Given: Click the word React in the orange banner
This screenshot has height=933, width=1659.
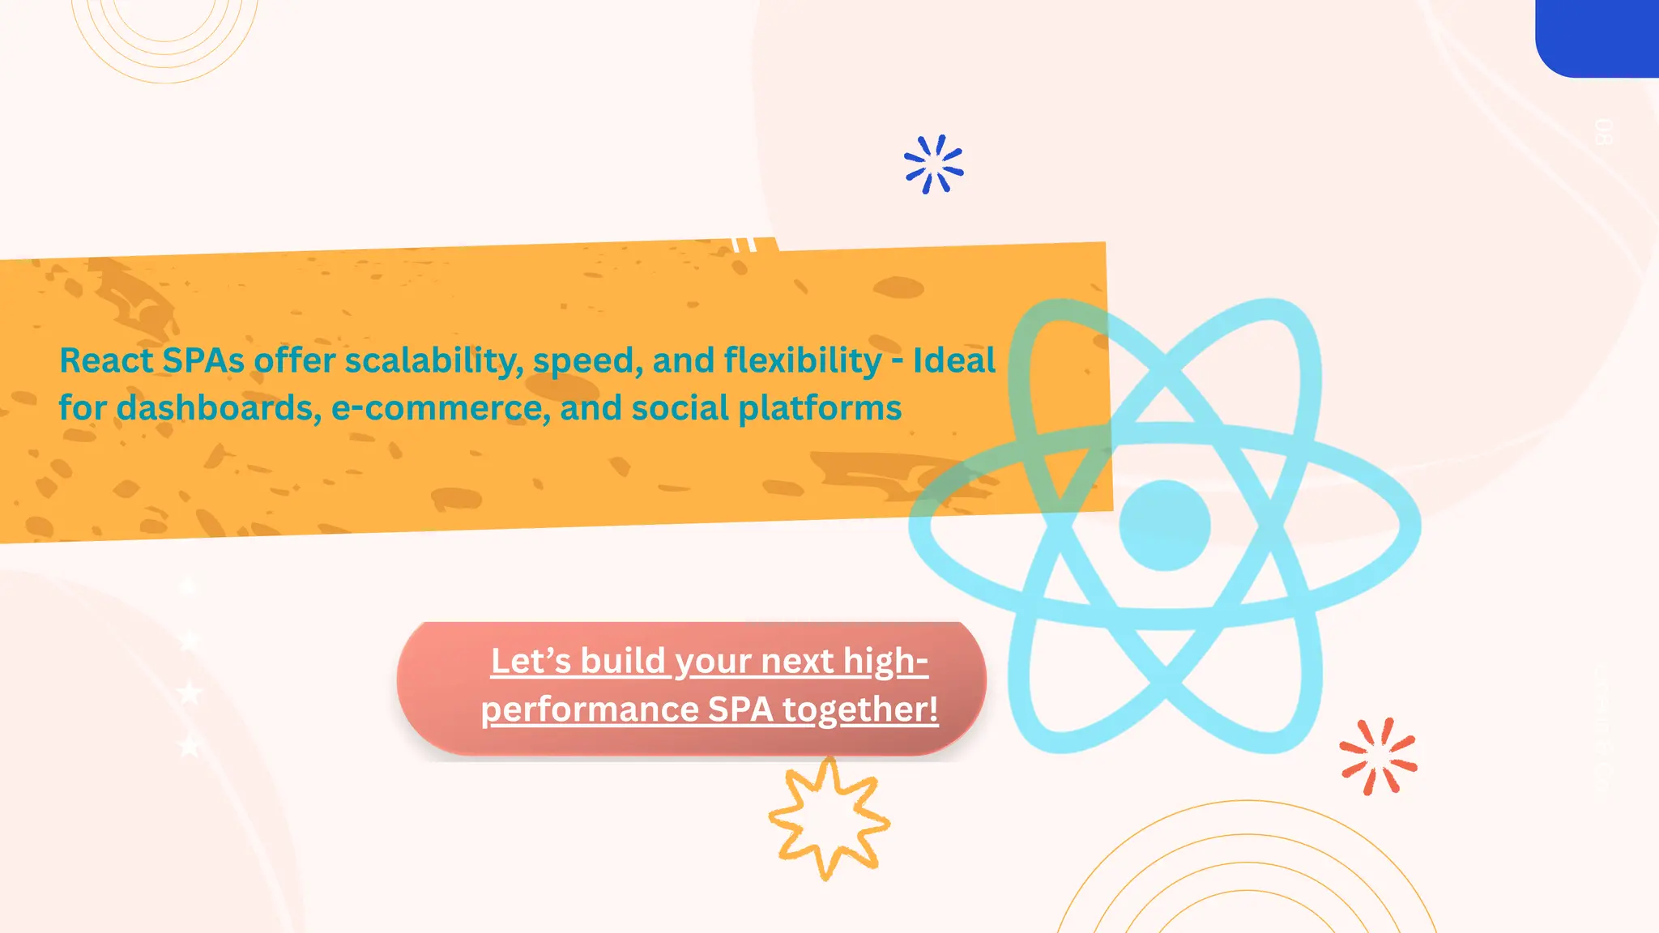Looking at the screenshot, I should coord(106,360).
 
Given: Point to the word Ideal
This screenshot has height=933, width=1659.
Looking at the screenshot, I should coord(954,360).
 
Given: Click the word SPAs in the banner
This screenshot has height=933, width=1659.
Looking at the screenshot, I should coord(203,360).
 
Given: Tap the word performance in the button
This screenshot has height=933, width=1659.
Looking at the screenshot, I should coord(590,709).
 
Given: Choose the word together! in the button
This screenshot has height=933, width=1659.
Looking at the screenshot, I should coord(860,709).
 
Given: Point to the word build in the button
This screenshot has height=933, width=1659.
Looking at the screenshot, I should coord(623,661).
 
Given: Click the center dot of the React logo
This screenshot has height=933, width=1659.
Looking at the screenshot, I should coord(1164,525).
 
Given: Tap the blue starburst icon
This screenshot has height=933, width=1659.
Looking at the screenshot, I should coord(933,164).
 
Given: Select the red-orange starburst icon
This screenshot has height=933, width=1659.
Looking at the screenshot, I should coord(1378,756).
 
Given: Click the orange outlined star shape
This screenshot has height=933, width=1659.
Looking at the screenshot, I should coord(829,819).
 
